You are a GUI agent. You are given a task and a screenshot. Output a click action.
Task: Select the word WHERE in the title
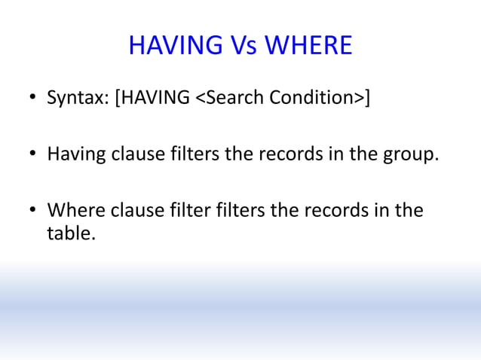[x=308, y=46]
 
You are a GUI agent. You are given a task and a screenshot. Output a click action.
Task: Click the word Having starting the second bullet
[x=76, y=155]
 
